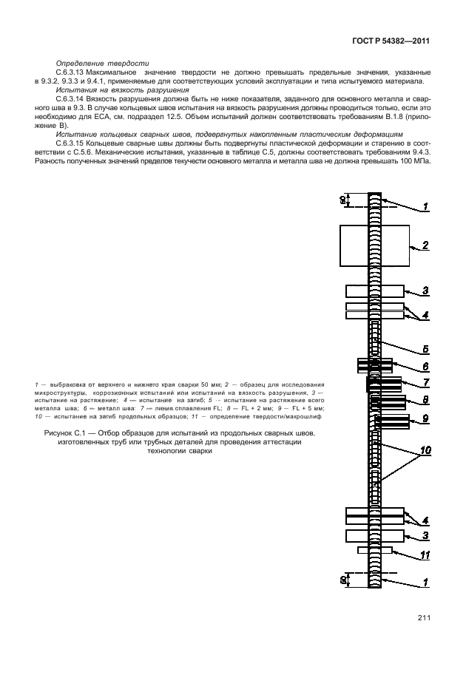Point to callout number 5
[425, 348]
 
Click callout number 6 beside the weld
[425, 366]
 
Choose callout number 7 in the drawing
[425, 383]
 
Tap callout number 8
[425, 401]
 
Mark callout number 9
[425, 419]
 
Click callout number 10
[425, 450]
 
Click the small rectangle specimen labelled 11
[374, 550]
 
